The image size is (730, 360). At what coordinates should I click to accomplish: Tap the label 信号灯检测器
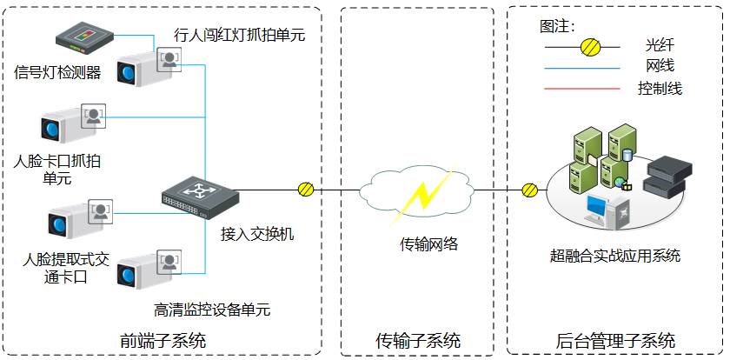(58, 72)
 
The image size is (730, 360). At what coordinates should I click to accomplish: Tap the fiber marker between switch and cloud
(306, 189)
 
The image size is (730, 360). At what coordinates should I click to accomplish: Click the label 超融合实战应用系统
(615, 256)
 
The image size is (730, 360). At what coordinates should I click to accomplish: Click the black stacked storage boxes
(665, 174)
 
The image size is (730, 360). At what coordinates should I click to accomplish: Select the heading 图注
(557, 25)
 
